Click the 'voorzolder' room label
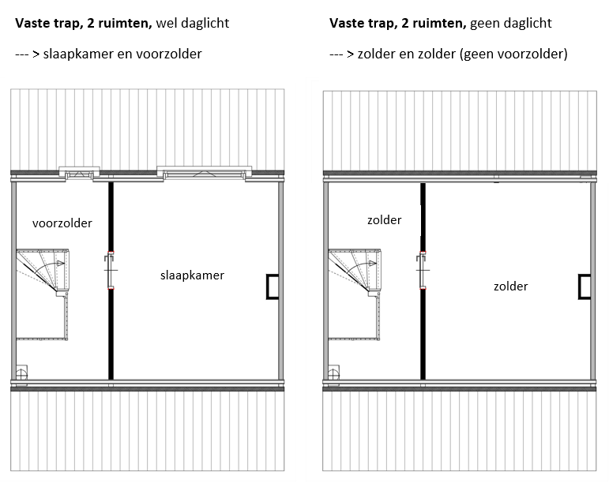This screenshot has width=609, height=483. pyautogui.click(x=62, y=223)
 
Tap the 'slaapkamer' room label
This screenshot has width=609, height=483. pyautogui.click(x=192, y=275)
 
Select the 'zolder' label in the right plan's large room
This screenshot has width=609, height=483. pyautogui.click(x=510, y=286)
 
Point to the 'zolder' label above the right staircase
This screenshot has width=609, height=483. pyautogui.click(x=385, y=220)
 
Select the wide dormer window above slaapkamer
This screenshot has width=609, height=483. pyautogui.click(x=205, y=171)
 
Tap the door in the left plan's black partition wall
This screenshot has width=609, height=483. pyautogui.click(x=111, y=271)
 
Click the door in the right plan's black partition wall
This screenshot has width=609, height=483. pyautogui.click(x=423, y=270)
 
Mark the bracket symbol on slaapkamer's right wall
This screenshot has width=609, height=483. pyautogui.click(x=273, y=286)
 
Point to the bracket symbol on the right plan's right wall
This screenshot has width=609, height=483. pyautogui.click(x=585, y=286)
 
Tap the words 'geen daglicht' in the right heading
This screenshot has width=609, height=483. pyautogui.click(x=510, y=24)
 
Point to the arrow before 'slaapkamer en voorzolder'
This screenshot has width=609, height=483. pyautogui.click(x=28, y=54)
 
